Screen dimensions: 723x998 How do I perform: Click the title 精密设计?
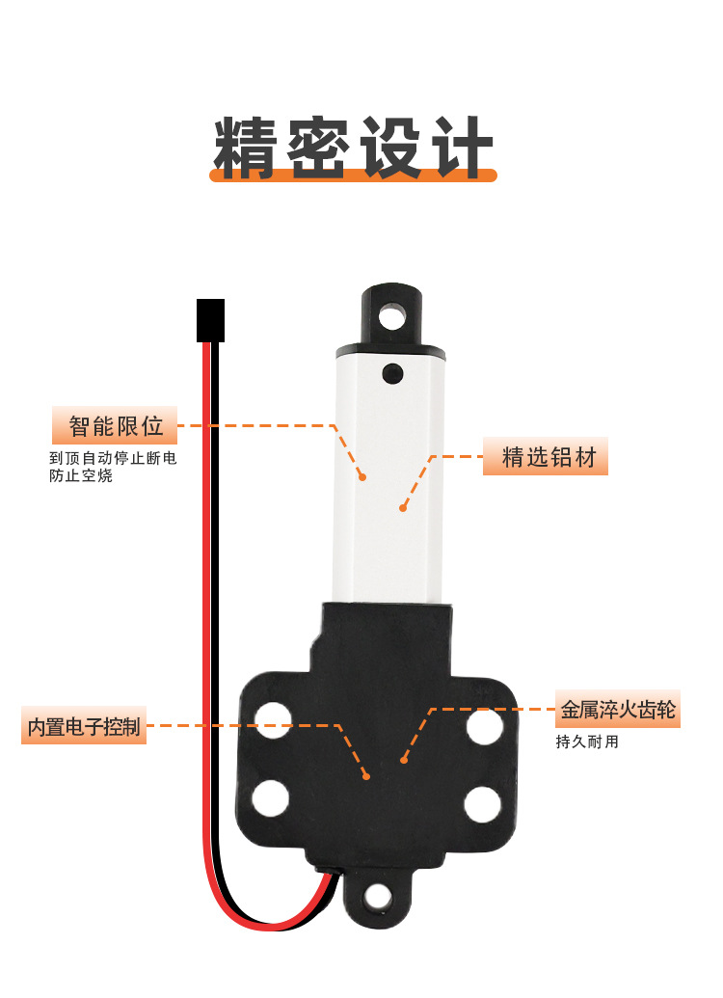tap(353, 147)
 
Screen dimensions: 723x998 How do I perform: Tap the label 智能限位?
tap(115, 426)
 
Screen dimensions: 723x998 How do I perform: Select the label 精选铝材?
tap(549, 456)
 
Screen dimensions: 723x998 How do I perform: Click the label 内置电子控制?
tap(83, 725)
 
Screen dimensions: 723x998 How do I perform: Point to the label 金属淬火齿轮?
tap(617, 709)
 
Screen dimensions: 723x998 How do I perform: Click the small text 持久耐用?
tap(587, 742)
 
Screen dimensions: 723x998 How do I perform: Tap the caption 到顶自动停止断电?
tap(113, 458)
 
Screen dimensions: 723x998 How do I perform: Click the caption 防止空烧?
tap(81, 475)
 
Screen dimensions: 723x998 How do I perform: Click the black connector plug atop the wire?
tap(211, 320)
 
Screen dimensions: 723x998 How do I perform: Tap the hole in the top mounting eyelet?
tap(392, 315)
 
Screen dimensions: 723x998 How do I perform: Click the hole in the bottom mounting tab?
tap(378, 898)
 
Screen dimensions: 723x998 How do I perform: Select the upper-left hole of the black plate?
tap(273, 720)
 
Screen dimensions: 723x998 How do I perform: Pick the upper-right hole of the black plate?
tap(484, 726)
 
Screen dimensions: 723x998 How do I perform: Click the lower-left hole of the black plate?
tap(271, 798)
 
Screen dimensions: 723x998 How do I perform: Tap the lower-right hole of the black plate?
tap(482, 804)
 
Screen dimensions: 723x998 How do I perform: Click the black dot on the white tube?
tap(392, 373)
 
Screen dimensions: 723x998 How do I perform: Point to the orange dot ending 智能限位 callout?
tap(362, 476)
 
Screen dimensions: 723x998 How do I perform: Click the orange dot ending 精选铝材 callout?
tap(403, 508)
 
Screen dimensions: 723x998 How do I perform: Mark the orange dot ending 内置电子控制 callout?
tap(366, 776)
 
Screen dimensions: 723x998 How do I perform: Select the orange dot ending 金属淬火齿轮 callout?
tap(404, 759)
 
